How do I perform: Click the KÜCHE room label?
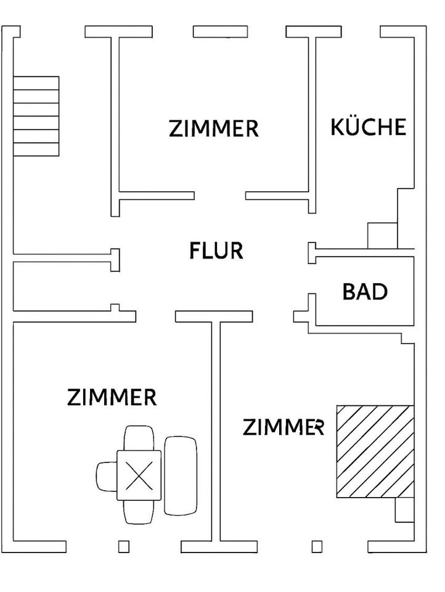coord(369,127)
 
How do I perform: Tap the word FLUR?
coord(216,251)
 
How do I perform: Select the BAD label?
coord(365,292)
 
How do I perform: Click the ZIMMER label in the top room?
coord(213,129)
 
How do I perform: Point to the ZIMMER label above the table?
coord(112,397)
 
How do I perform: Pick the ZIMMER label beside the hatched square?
coord(283,427)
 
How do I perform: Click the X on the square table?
coord(139,475)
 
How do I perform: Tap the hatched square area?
coord(375,451)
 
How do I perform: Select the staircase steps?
coord(36,116)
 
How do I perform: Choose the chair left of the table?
coord(106,475)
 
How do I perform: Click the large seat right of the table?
coord(181,475)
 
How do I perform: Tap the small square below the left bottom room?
coord(123,546)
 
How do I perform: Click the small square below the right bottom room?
coord(317,546)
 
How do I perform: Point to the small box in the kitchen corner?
coord(382,235)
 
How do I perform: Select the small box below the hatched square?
coord(404,510)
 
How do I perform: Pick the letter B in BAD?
coord(349,292)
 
